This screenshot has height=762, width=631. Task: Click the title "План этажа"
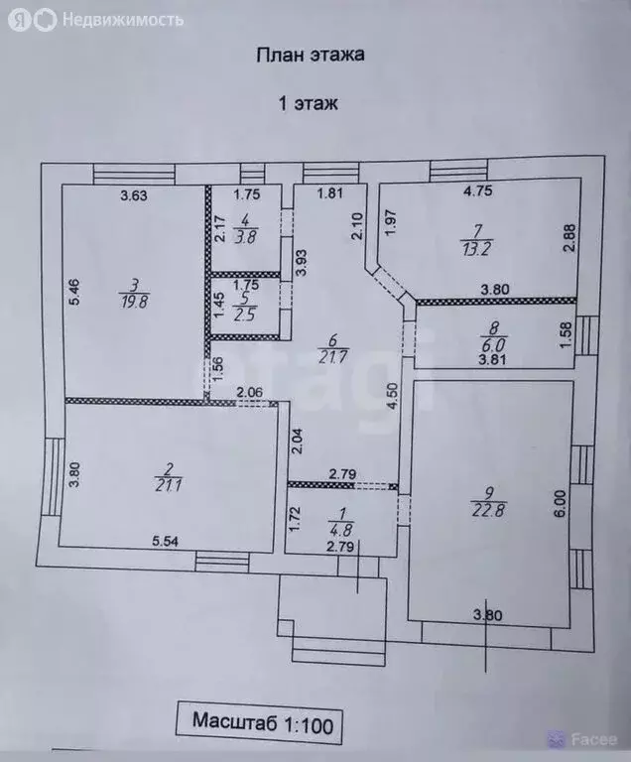(311, 55)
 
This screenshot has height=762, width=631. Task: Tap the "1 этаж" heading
(308, 103)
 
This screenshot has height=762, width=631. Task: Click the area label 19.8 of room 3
(134, 302)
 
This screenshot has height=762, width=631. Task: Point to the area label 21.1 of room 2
(170, 484)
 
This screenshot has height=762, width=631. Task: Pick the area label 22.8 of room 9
(489, 510)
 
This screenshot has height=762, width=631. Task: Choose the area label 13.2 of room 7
(476, 248)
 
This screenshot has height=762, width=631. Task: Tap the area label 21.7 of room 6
(333, 357)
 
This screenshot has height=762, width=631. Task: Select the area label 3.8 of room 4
(245, 237)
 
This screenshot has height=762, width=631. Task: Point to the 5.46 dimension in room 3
(74, 292)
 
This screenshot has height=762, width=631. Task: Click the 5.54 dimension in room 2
(166, 542)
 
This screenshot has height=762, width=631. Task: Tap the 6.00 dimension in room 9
(560, 503)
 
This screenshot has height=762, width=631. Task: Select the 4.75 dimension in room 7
(478, 190)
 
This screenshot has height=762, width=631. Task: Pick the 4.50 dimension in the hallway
(393, 397)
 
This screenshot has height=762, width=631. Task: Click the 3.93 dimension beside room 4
(302, 262)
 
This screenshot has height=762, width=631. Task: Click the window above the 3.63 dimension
(134, 174)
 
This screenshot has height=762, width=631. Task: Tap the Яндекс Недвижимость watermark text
(123, 20)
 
